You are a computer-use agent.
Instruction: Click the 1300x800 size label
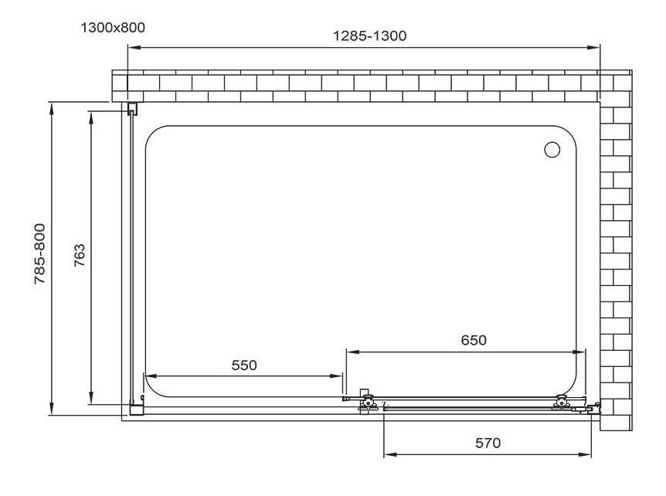pyautogui.click(x=113, y=28)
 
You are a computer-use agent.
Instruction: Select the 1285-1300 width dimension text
pyautogui.click(x=369, y=36)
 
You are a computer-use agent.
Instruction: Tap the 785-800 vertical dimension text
pyautogui.click(x=40, y=253)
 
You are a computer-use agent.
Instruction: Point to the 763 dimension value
pyautogui.click(x=80, y=255)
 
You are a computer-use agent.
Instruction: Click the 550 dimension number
pyautogui.click(x=244, y=365)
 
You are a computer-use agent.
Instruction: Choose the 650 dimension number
pyautogui.click(x=474, y=340)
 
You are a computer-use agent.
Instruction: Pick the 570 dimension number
pyautogui.click(x=488, y=443)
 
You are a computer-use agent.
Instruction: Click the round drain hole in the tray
pyautogui.click(x=552, y=149)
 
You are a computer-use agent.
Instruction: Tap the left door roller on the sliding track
pyautogui.click(x=367, y=401)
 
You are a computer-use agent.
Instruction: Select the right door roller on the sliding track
pyautogui.click(x=562, y=403)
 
